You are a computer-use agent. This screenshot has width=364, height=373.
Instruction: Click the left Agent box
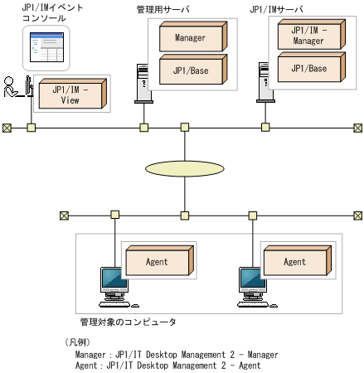click(157, 262)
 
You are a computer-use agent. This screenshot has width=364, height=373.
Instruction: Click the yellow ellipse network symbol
click(184, 168)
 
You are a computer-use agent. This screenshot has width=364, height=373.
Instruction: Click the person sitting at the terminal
click(12, 87)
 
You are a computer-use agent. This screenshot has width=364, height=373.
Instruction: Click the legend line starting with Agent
click(167, 365)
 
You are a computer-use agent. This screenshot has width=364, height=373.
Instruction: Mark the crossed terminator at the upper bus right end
click(357, 128)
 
